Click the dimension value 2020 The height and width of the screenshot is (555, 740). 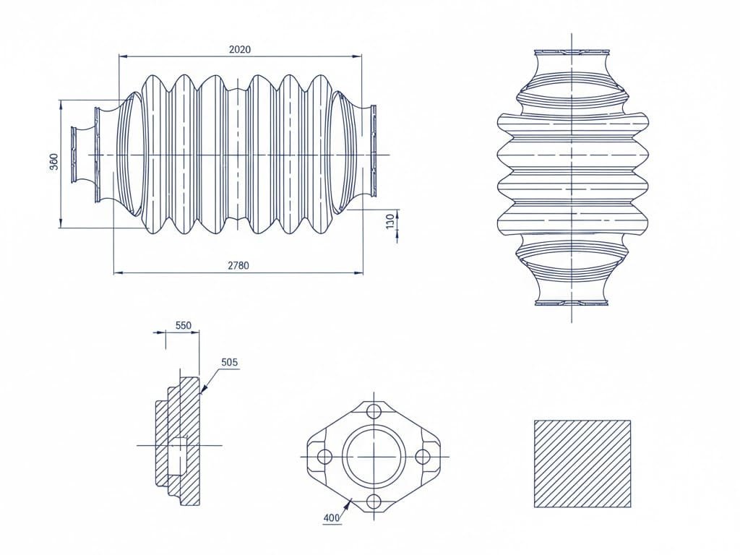click(239, 49)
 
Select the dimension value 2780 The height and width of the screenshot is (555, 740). click(238, 265)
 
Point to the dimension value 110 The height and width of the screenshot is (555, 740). click(391, 221)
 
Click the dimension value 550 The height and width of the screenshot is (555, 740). click(183, 325)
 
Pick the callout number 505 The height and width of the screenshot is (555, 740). click(229, 362)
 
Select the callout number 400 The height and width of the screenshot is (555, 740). click(331, 517)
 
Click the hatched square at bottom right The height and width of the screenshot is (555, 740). click(582, 463)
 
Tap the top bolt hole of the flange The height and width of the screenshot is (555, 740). click(374, 411)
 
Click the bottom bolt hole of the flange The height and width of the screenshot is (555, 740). click(374, 502)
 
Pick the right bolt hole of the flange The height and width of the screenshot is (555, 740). click(423, 457)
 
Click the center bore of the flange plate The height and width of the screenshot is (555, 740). click(374, 457)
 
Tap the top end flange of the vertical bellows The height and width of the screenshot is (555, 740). click(571, 53)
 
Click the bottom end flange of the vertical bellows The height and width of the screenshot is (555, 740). click(571, 302)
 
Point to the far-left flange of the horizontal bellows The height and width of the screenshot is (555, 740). click(74, 155)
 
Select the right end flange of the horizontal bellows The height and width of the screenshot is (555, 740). click(374, 150)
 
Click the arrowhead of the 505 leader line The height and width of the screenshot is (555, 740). click(203, 390)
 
